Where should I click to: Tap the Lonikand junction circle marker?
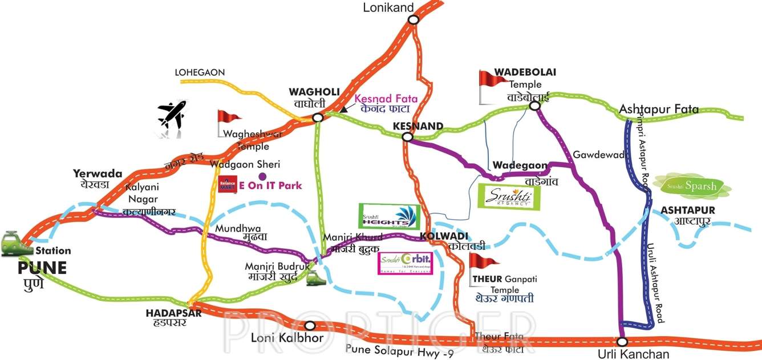[414, 19]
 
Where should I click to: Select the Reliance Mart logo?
[227, 184]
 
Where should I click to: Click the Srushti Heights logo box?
[390, 216]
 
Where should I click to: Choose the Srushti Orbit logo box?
[406, 263]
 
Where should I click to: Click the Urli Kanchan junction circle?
[622, 341]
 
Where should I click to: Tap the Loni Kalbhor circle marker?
[310, 326]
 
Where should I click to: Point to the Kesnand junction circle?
[407, 137]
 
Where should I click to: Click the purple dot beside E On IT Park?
[262, 175]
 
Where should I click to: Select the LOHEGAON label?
[200, 72]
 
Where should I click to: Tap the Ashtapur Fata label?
[659, 110]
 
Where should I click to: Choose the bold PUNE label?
[42, 267]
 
